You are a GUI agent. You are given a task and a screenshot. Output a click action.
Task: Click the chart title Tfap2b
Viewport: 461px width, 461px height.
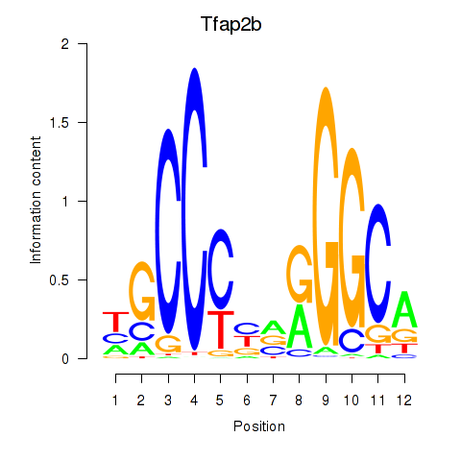[x=231, y=25]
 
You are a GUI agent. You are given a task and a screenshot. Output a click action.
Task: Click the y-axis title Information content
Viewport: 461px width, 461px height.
[x=36, y=200]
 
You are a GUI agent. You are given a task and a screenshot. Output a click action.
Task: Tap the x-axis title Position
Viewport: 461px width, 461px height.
[x=259, y=426]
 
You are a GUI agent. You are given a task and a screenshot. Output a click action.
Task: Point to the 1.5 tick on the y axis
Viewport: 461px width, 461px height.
[x=83, y=122]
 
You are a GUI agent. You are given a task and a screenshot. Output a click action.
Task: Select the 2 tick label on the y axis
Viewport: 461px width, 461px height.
[x=65, y=44]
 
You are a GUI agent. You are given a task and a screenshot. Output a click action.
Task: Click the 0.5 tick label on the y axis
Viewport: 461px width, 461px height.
[x=60, y=280]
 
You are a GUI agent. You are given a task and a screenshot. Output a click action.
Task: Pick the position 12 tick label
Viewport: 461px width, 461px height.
[x=403, y=400]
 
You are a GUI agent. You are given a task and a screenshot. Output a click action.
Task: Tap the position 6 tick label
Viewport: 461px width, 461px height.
[x=247, y=400]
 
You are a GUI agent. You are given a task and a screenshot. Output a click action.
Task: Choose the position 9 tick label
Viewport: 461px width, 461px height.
[x=326, y=400]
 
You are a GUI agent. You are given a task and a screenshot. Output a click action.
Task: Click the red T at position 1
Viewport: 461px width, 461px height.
[x=115, y=322]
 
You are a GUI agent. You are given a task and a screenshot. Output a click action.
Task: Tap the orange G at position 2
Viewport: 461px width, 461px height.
[x=142, y=291]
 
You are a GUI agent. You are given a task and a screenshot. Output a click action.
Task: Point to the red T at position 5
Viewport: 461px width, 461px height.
[x=221, y=329]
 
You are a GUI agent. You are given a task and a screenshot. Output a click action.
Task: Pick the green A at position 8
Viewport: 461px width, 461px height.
[x=300, y=326]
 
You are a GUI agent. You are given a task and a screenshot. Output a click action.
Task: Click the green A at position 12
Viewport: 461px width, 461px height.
[x=404, y=309]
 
